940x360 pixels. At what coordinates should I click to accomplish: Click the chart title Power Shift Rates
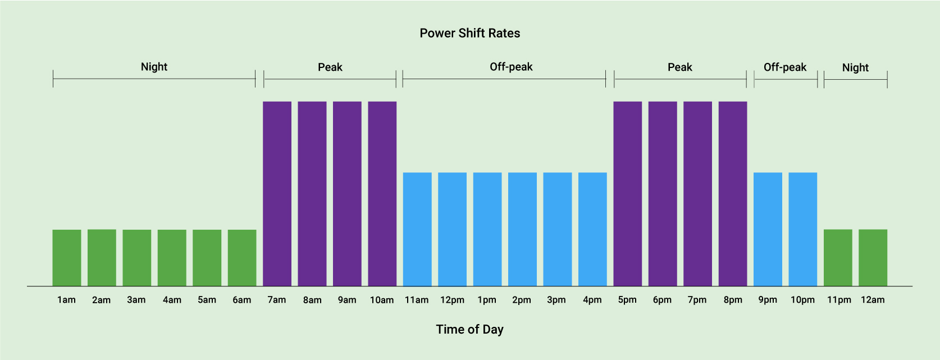[x=469, y=33]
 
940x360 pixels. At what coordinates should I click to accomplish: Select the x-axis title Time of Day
[x=469, y=330]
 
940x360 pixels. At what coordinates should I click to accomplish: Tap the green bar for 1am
[x=67, y=258]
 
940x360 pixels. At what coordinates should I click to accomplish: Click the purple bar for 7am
[x=277, y=194]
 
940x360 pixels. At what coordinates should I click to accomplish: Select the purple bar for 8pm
[x=733, y=194]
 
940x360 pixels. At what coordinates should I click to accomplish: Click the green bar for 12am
[x=873, y=258]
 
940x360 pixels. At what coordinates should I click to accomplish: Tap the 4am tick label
[x=172, y=300]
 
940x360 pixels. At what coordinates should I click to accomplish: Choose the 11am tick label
[x=417, y=300]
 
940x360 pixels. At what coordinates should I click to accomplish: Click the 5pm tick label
[x=627, y=300]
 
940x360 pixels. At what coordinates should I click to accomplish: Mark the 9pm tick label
[x=768, y=300]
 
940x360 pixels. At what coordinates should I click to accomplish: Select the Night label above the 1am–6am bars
[x=154, y=67]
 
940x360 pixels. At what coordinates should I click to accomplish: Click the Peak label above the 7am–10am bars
[x=330, y=67]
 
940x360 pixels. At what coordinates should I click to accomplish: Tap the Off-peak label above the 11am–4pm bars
[x=511, y=67]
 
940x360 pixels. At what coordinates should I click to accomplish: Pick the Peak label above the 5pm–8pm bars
[x=679, y=67]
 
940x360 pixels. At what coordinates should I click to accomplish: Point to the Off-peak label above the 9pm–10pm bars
[x=784, y=67]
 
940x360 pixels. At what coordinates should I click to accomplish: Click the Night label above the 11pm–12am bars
[x=855, y=68]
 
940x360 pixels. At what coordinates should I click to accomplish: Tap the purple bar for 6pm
[x=663, y=194]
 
